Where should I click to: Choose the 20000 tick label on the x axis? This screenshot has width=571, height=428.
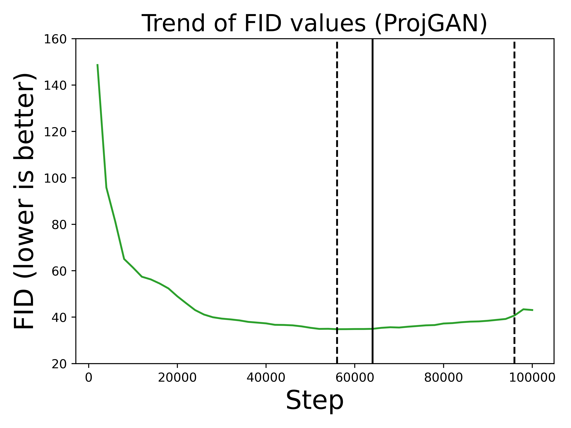click(177, 378)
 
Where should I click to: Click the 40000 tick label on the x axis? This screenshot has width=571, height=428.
click(266, 378)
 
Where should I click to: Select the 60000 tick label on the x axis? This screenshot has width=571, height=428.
click(355, 378)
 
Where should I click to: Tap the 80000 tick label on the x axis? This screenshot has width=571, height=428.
click(443, 378)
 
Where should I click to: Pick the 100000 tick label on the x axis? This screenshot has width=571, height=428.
click(532, 378)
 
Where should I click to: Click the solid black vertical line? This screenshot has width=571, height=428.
click(373, 201)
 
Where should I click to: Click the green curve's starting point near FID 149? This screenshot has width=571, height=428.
click(97, 65)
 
